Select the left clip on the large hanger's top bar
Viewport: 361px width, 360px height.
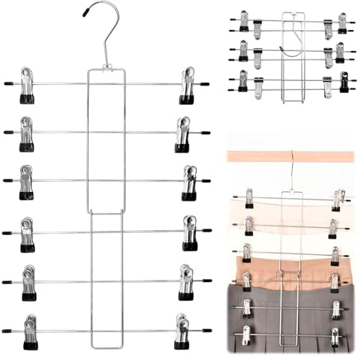tap(27, 85)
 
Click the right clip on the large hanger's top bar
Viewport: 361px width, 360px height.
tap(186, 85)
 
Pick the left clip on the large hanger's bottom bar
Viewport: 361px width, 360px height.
tap(31, 332)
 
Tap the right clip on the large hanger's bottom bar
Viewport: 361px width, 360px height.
tap(182, 332)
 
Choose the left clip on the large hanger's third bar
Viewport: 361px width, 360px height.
tap(27, 182)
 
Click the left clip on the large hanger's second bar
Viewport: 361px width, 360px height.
tap(27, 133)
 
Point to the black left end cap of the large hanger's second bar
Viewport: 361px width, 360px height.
tap(8, 132)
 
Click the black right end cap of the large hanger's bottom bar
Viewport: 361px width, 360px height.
tap(206, 330)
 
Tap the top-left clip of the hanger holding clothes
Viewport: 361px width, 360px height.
tap(248, 198)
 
